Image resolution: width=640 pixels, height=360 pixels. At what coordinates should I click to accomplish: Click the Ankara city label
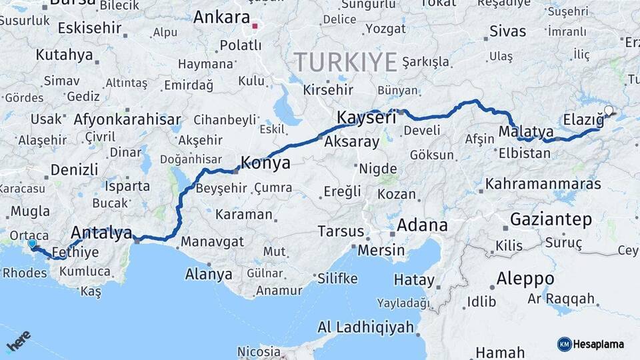click(x=221, y=17)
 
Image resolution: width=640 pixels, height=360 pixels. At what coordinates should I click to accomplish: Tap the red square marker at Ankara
click(x=255, y=27)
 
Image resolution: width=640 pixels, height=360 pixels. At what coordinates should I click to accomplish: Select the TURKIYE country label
click(x=345, y=62)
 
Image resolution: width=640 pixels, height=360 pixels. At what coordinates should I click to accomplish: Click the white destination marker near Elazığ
click(x=609, y=111)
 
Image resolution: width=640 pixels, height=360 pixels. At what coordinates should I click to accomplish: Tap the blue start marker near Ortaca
click(x=32, y=245)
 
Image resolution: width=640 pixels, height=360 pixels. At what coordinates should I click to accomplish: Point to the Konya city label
click(x=265, y=163)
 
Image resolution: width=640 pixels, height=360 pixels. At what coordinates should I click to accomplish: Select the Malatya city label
click(x=526, y=130)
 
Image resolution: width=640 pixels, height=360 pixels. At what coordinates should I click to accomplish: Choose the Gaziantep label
click(x=551, y=219)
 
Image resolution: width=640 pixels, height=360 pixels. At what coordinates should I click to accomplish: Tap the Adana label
click(x=422, y=225)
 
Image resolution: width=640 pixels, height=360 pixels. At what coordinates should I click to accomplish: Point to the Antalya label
click(x=101, y=233)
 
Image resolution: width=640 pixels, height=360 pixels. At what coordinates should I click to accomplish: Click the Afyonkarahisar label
click(x=127, y=121)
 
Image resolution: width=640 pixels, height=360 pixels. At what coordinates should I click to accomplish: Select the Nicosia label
click(x=259, y=351)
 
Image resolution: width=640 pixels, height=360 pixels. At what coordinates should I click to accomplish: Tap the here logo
click(x=19, y=341)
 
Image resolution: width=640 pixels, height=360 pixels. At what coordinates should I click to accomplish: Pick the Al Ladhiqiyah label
click(x=361, y=328)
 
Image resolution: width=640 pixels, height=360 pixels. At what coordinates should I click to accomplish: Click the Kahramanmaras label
click(x=543, y=183)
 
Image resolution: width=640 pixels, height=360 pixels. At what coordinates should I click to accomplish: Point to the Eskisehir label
click(x=89, y=28)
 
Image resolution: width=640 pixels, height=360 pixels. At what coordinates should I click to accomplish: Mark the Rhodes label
click(x=25, y=273)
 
